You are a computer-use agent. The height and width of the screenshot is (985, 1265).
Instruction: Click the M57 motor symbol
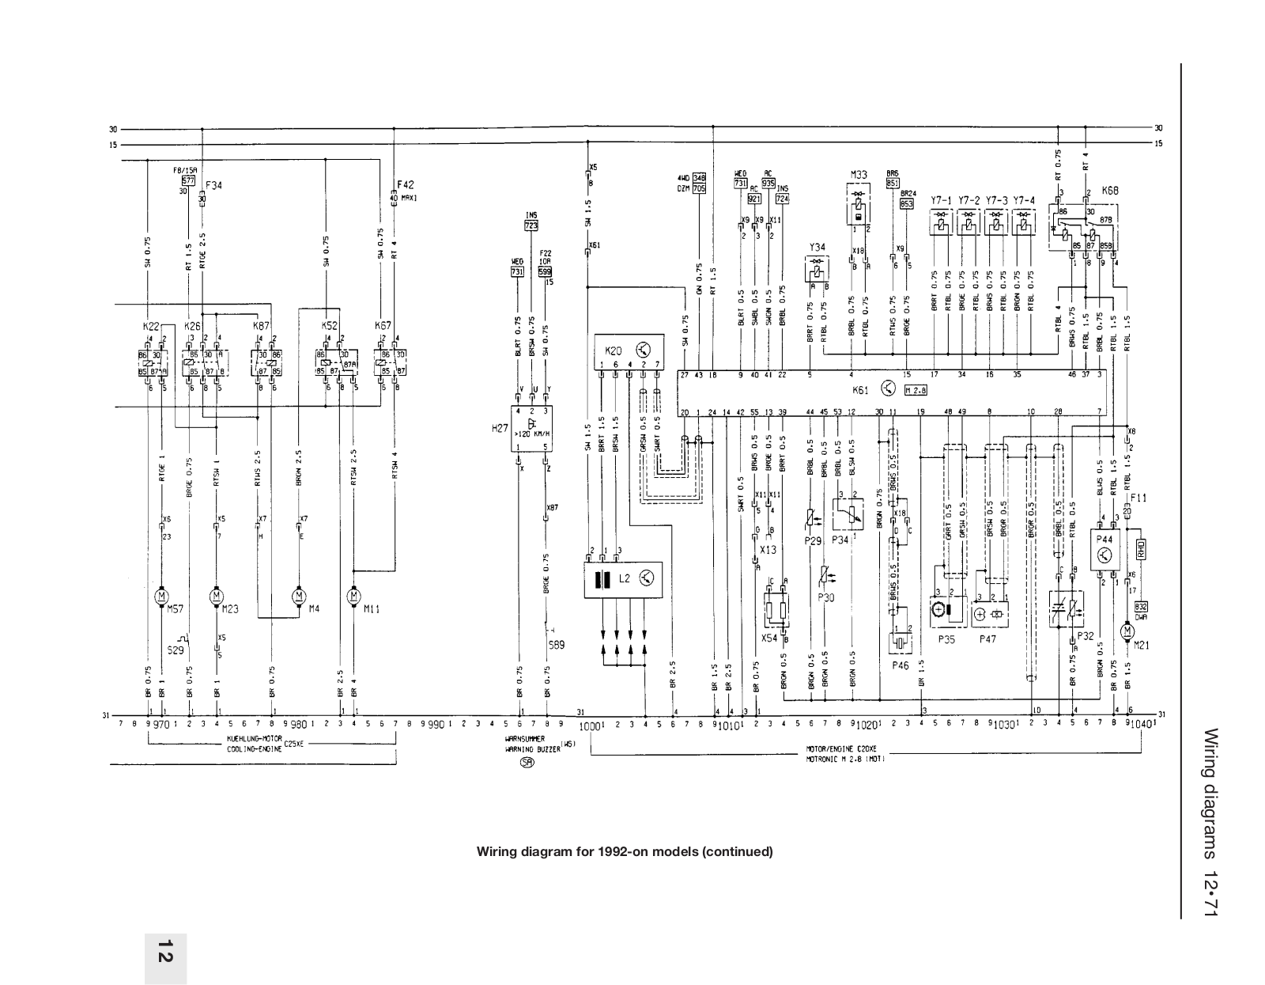pyautogui.click(x=162, y=594)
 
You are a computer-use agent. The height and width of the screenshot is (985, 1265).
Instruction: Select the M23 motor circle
pyautogui.click(x=217, y=594)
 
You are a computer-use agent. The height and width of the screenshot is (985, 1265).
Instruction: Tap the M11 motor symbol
pyautogui.click(x=354, y=594)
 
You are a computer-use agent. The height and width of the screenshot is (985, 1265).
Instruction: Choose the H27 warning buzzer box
pyautogui.click(x=531, y=428)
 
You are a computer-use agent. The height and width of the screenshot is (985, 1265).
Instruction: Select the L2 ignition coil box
pyautogui.click(x=624, y=578)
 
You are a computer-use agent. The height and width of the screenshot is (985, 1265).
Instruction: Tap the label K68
pyautogui.click(x=1109, y=191)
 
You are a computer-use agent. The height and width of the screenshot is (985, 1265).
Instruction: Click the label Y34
pyautogui.click(x=817, y=248)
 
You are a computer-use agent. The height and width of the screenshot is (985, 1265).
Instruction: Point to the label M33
pyautogui.click(x=859, y=175)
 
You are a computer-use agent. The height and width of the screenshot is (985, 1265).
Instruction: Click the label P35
pyautogui.click(x=947, y=639)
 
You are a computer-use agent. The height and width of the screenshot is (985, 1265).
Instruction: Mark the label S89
pyautogui.click(x=557, y=645)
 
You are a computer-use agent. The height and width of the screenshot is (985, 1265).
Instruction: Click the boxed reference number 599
pyautogui.click(x=545, y=271)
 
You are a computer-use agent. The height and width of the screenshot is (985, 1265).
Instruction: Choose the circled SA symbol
pyautogui.click(x=527, y=763)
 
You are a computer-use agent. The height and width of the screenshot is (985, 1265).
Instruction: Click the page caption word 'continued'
pyautogui.click(x=739, y=852)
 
